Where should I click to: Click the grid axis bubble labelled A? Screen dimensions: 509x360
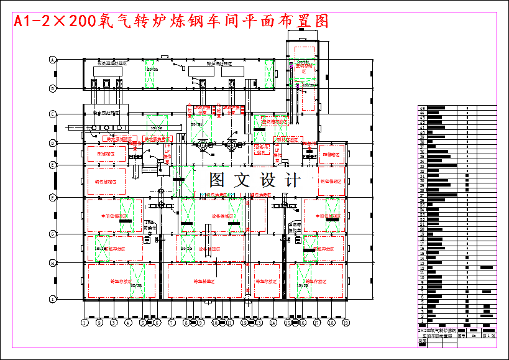click(53, 60)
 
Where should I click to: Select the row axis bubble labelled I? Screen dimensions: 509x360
click(53, 298)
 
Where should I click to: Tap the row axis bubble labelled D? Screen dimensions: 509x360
click(53, 143)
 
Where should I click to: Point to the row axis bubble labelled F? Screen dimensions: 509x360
click(53, 197)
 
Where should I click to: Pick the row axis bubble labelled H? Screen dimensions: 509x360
click(53, 263)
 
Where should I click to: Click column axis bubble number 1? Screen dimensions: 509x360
click(84, 323)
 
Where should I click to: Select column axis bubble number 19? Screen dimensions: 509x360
click(347, 323)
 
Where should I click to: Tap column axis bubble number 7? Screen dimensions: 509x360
click(171, 323)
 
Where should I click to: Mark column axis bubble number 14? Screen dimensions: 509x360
click(273, 323)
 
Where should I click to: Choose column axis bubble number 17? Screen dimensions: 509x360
click(317, 323)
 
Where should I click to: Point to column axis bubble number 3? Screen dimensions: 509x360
click(113, 323)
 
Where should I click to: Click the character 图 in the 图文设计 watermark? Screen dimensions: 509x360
click(218, 180)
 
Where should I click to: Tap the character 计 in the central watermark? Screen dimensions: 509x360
click(292, 180)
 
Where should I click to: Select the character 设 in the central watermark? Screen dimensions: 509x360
click(267, 180)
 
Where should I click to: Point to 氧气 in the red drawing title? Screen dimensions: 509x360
click(118, 21)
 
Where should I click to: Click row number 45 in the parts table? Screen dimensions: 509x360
click(423, 108)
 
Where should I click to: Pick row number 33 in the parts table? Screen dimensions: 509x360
click(423, 166)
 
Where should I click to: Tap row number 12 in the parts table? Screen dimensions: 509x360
click(423, 268)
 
